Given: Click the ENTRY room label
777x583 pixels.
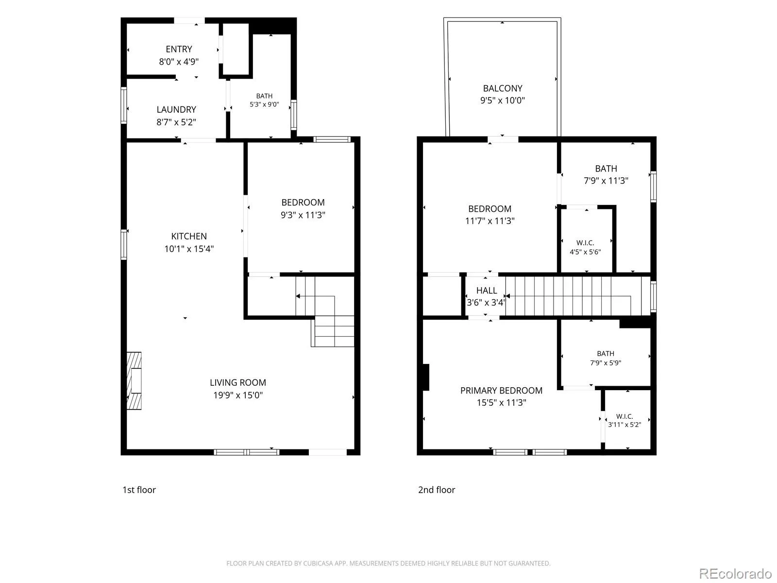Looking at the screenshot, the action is click(x=179, y=49).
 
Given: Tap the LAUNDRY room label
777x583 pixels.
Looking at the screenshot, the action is click(x=176, y=109).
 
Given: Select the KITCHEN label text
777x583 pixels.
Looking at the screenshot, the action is click(x=189, y=236).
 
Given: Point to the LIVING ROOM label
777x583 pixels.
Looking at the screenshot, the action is click(x=238, y=382).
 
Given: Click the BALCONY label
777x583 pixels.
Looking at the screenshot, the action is click(x=503, y=88).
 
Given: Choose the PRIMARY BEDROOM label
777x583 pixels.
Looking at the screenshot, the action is click(x=501, y=391).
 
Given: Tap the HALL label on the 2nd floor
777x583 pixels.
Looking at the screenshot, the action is click(x=487, y=291).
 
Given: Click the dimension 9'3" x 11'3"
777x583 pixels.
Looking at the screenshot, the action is click(x=303, y=215).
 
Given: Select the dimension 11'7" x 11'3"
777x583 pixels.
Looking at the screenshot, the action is click(x=490, y=221).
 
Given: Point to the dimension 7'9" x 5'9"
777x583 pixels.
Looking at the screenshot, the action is click(x=606, y=363).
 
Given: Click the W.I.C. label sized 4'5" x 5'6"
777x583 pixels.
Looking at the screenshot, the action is click(x=585, y=243).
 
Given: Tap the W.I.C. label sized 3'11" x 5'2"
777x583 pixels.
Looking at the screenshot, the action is click(x=625, y=416).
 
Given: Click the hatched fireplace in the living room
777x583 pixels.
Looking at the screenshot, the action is click(x=134, y=381).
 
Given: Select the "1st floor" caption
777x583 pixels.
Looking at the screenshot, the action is click(x=139, y=490).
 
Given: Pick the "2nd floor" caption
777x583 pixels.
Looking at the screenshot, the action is click(x=437, y=490).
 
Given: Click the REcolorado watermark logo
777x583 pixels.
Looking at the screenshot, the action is click(x=736, y=573).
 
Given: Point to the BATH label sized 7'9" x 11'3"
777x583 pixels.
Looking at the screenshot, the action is click(x=606, y=169).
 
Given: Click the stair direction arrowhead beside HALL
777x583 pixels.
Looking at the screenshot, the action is click(x=507, y=296).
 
